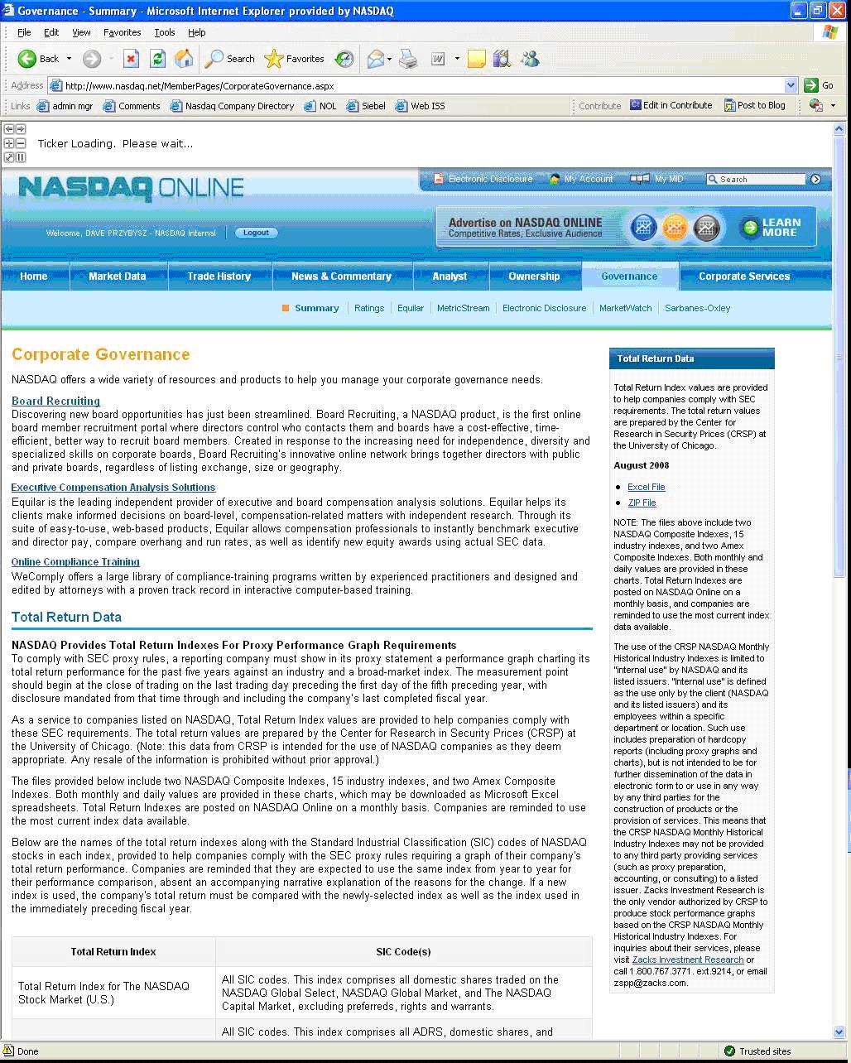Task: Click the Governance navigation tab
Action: [629, 277]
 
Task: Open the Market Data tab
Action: [117, 277]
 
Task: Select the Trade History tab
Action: [219, 277]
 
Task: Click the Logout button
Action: [256, 233]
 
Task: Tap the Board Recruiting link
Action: [55, 401]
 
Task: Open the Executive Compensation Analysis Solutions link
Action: [113, 488]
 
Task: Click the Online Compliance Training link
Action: [75, 562]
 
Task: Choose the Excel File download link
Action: [646, 487]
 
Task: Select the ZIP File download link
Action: [642, 503]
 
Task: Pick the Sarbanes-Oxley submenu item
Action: [697, 308]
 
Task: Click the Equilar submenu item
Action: [410, 308]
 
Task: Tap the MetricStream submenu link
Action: [463, 308]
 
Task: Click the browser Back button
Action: [39, 59]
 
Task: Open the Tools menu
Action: [164, 32]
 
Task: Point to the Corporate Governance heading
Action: [101, 354]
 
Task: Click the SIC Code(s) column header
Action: [403, 952]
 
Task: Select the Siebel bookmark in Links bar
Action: [367, 106]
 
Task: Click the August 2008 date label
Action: [641, 465]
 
